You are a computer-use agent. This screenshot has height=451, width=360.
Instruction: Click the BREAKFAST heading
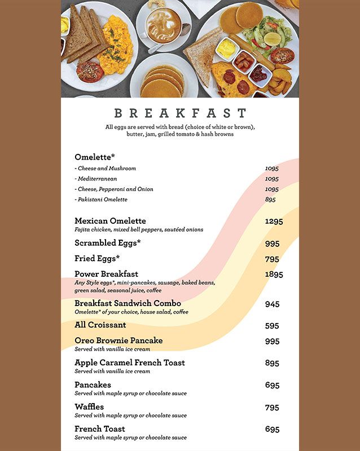180,113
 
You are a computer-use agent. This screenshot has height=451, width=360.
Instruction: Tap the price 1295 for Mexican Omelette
274,222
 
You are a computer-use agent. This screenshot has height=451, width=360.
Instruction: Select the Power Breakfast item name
106,274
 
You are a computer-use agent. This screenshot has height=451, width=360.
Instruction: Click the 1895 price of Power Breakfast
274,275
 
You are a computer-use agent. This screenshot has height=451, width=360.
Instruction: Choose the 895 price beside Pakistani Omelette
270,200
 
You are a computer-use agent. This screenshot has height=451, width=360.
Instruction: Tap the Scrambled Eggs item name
107,243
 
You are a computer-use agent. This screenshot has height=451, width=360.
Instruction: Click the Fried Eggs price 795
272,259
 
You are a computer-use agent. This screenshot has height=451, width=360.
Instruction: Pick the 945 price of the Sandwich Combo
272,304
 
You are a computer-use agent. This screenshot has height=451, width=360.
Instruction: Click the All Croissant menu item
100,325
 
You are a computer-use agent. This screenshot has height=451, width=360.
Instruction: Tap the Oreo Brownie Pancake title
118,341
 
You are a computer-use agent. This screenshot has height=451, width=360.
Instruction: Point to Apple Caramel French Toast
130,362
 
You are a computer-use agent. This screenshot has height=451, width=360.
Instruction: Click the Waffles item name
89,406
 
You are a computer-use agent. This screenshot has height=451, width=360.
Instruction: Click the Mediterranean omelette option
98,179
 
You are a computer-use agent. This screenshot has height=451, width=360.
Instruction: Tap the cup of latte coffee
163,25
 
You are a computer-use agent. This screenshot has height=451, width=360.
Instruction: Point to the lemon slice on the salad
273,39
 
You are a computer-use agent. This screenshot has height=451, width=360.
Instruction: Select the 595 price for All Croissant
272,326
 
